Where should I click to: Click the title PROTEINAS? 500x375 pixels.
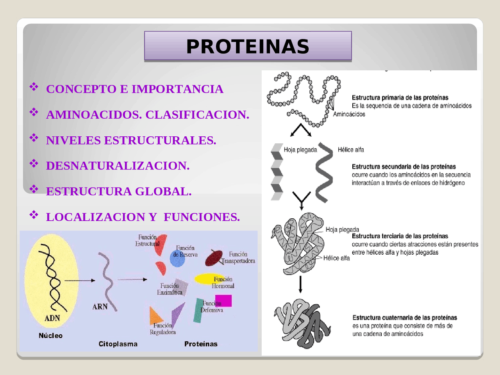[248, 46]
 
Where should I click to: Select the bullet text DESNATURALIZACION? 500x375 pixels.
[118, 166]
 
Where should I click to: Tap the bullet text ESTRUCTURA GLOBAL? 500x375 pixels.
[119, 191]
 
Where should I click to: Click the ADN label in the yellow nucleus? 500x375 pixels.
[52, 318]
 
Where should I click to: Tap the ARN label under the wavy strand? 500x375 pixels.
[100, 307]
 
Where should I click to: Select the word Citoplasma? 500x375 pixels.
[118, 344]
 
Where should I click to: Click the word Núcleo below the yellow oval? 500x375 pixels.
[50, 336]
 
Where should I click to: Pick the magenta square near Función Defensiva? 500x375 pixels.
[224, 300]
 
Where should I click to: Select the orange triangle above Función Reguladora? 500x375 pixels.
[155, 315]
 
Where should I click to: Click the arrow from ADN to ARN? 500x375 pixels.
[80, 280]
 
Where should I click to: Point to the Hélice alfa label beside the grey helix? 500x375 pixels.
[351, 150]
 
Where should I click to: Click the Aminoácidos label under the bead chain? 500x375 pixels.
[349, 114]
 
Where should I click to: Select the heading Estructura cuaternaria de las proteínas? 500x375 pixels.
[405, 318]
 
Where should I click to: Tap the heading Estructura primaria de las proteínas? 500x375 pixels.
[400, 98]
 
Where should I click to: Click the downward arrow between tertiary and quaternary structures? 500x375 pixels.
[300, 284]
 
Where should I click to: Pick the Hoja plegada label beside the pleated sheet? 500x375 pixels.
[300, 150]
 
